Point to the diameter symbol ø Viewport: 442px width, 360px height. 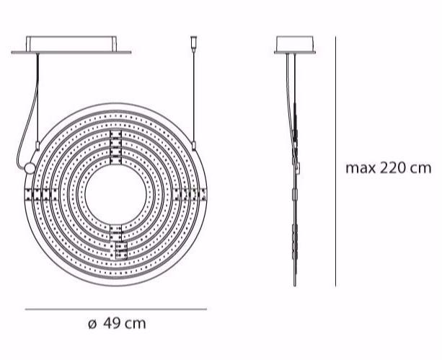pos(92,324)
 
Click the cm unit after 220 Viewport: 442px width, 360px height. pos(420,169)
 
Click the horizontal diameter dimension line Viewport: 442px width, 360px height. pos(116,309)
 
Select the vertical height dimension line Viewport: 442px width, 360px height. pos(336,162)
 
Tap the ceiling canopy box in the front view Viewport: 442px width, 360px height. pos(72,43)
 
